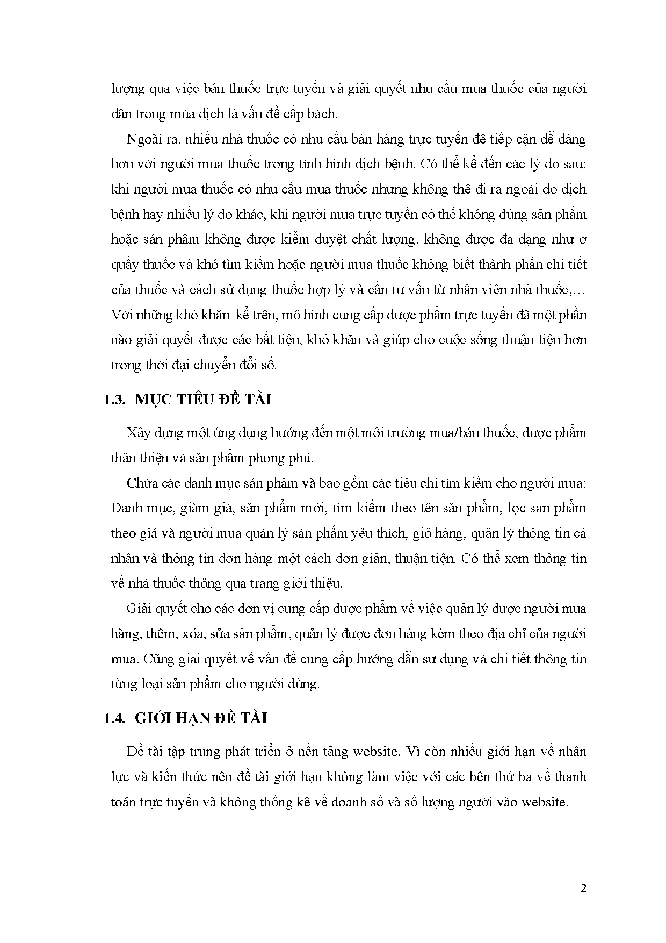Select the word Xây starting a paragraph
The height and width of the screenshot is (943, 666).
pyautogui.click(x=136, y=433)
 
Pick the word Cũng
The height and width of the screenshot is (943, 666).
pyautogui.click(x=155, y=659)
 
